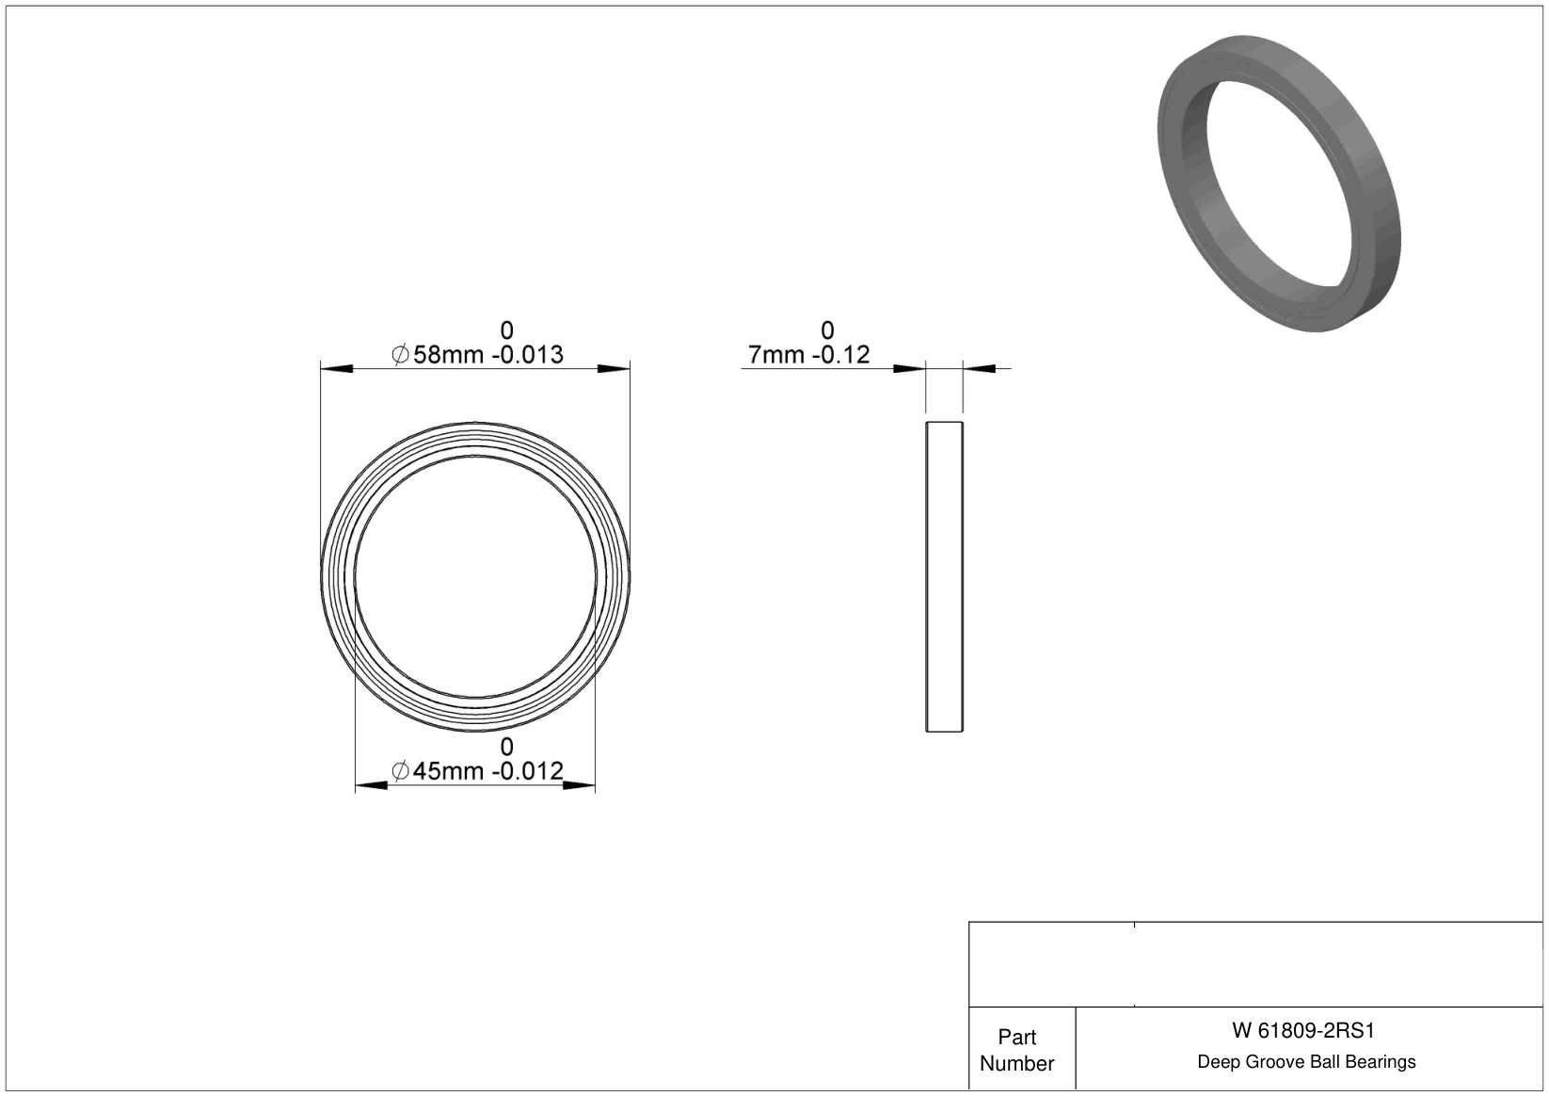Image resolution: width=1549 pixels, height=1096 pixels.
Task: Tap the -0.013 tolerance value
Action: pos(528,355)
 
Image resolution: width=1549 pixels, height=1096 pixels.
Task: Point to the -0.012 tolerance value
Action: pos(528,771)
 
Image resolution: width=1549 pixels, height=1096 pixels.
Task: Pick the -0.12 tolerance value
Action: pos(841,355)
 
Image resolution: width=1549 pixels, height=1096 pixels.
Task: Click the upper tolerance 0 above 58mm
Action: pos(507,330)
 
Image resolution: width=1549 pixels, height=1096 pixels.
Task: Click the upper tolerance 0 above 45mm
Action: pos(507,747)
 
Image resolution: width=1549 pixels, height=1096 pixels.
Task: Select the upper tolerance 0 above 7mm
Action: pos(827,330)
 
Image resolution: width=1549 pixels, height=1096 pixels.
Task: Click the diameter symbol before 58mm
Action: pos(400,355)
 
